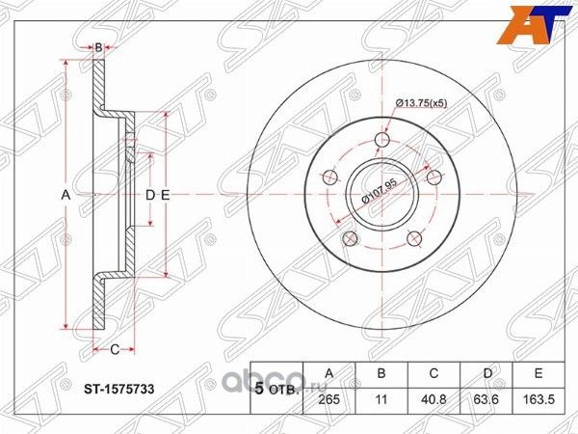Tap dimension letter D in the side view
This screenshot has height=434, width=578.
point(149,196)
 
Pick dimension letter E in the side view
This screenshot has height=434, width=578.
point(165,196)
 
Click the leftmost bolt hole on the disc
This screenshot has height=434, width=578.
point(328,176)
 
